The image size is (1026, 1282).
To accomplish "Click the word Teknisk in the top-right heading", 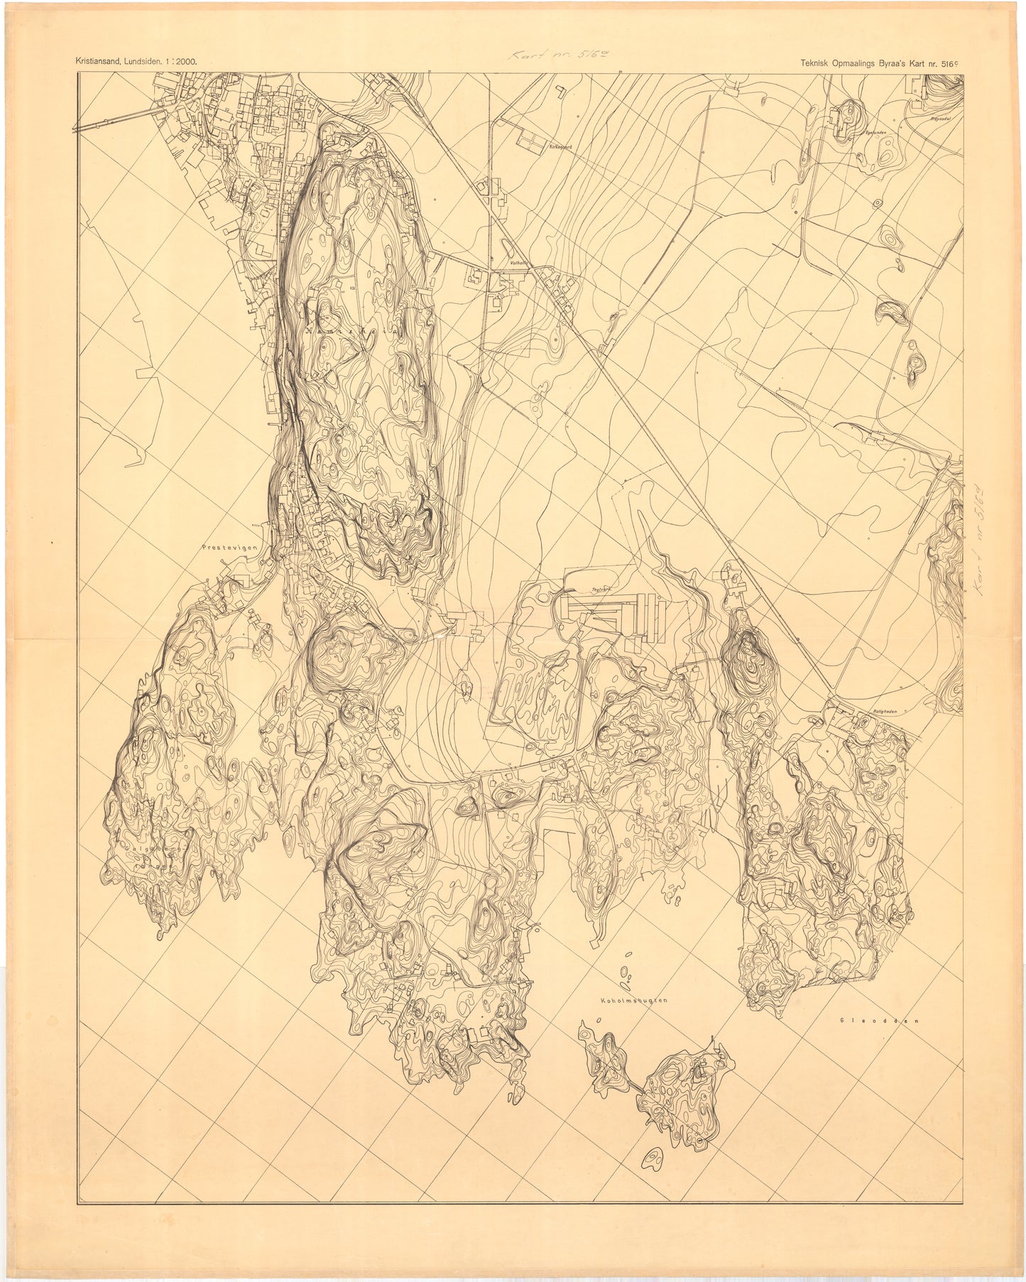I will [x=811, y=61].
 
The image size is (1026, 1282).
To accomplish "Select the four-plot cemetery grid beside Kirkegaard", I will [x=528, y=141].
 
